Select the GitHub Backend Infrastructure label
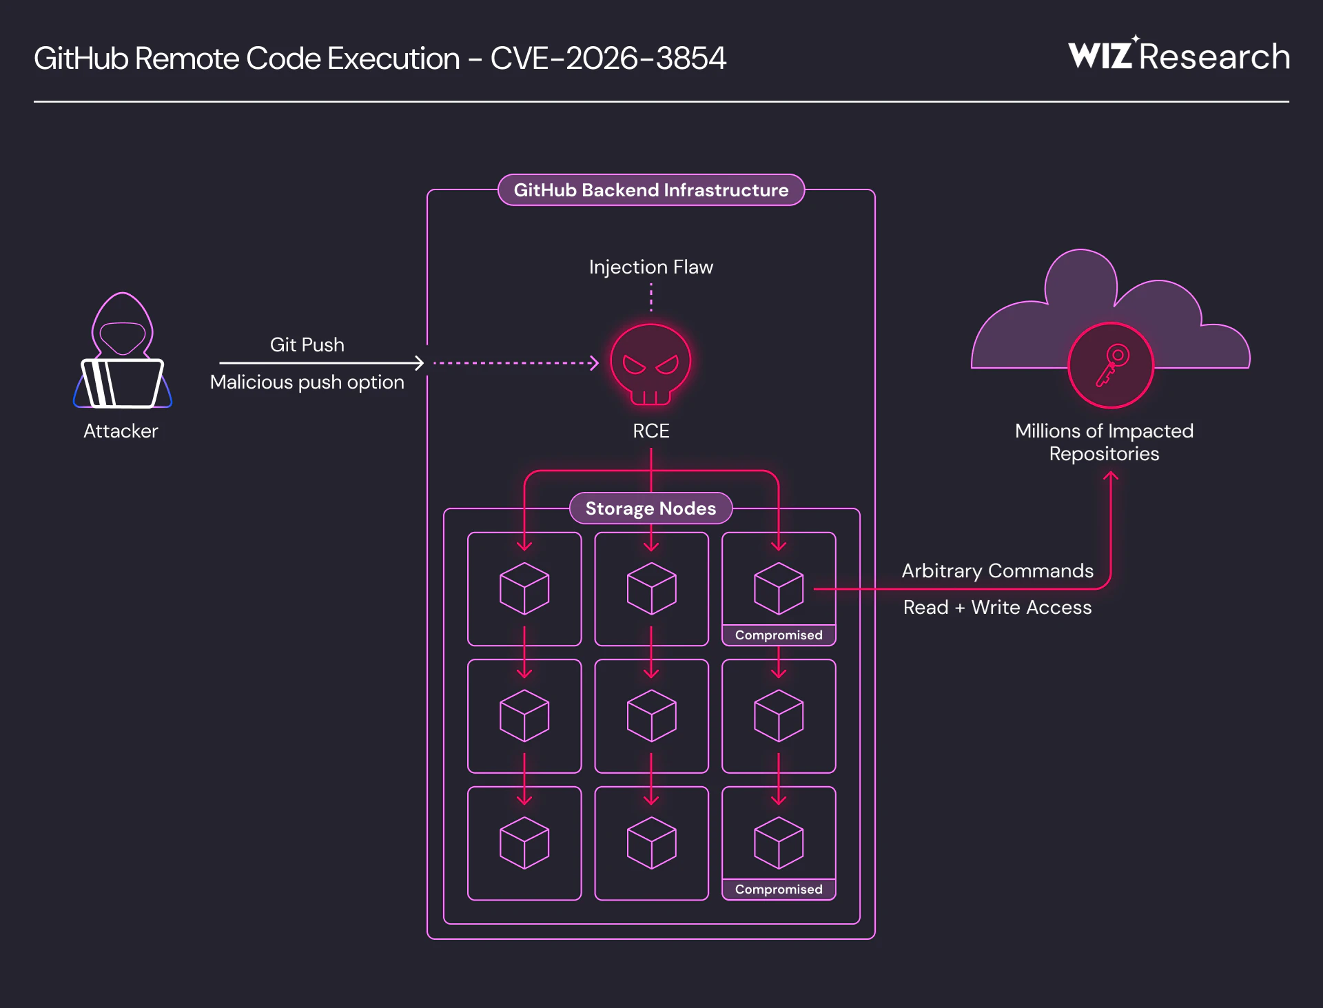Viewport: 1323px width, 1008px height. [x=650, y=190]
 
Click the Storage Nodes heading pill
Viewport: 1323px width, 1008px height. [x=650, y=508]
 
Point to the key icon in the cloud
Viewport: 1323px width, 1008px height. [x=1111, y=365]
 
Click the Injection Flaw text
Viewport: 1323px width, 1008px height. [x=650, y=267]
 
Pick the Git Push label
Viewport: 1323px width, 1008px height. [x=307, y=344]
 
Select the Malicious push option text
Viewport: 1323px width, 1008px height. [x=307, y=382]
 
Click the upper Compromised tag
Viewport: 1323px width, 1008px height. [x=779, y=635]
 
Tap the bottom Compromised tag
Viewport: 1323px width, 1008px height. [x=779, y=889]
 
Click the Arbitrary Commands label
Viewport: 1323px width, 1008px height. [x=997, y=571]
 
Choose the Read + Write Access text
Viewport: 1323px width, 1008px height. [x=997, y=608]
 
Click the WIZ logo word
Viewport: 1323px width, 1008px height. [x=1100, y=56]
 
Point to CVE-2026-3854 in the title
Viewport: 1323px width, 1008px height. [x=608, y=59]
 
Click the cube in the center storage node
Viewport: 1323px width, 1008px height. [x=651, y=716]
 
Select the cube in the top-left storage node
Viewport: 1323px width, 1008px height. [x=524, y=588]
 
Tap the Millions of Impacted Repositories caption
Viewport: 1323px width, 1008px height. [x=1104, y=442]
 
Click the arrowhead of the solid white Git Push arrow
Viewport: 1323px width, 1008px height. [x=420, y=362]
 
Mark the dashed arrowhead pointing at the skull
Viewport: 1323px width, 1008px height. [x=595, y=363]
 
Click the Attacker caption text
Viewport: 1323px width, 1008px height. [x=121, y=431]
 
